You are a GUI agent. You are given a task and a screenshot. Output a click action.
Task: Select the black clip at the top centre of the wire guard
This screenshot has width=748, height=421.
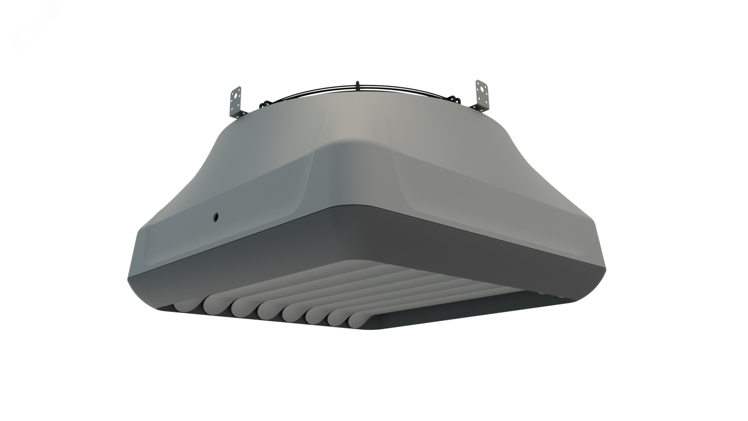tap(357, 85)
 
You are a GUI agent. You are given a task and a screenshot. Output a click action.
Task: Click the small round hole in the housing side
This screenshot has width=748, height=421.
tap(215, 216)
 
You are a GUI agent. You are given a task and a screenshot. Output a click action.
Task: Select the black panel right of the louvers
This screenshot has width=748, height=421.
tap(467, 312)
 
